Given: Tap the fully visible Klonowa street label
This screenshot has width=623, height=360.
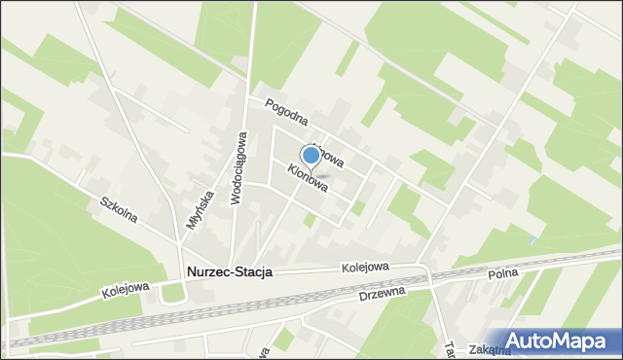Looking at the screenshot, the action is pos(307,176).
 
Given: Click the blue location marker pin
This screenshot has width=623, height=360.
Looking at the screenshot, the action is pos(311,155).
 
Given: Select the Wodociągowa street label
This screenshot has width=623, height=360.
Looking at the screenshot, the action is pos(236,169).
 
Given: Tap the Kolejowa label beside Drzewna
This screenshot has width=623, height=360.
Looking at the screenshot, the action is pos(365,268).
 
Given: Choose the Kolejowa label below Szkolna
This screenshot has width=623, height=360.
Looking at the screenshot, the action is pos(125,289).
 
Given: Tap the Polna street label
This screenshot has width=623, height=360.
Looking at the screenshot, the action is pos(503,276).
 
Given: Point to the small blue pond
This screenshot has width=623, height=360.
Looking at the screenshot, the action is pos(531,239).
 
